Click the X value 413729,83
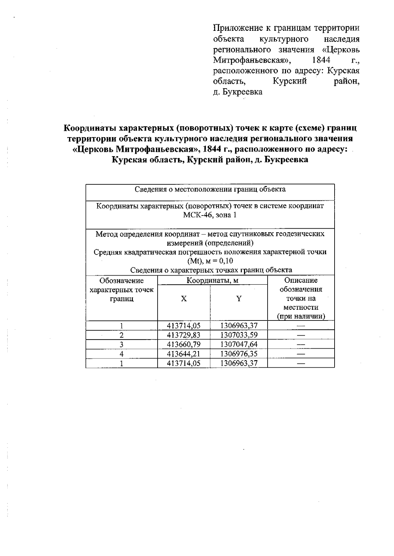pos(184,335)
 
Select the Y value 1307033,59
pos(239,335)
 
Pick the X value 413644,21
pos(184,354)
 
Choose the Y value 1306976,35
pos(239,354)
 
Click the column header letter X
pos(184,299)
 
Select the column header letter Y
pos(239,299)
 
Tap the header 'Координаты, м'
pos(212,280)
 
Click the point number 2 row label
pos(121,335)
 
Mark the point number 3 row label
pos(121,344)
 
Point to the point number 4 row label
pos(121,354)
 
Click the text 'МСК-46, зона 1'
pos(210,215)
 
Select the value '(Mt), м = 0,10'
pos(210,261)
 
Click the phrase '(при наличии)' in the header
pos(301,317)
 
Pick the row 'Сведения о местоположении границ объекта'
pos(210,189)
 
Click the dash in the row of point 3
pos(301,344)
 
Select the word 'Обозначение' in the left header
pos(121,280)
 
